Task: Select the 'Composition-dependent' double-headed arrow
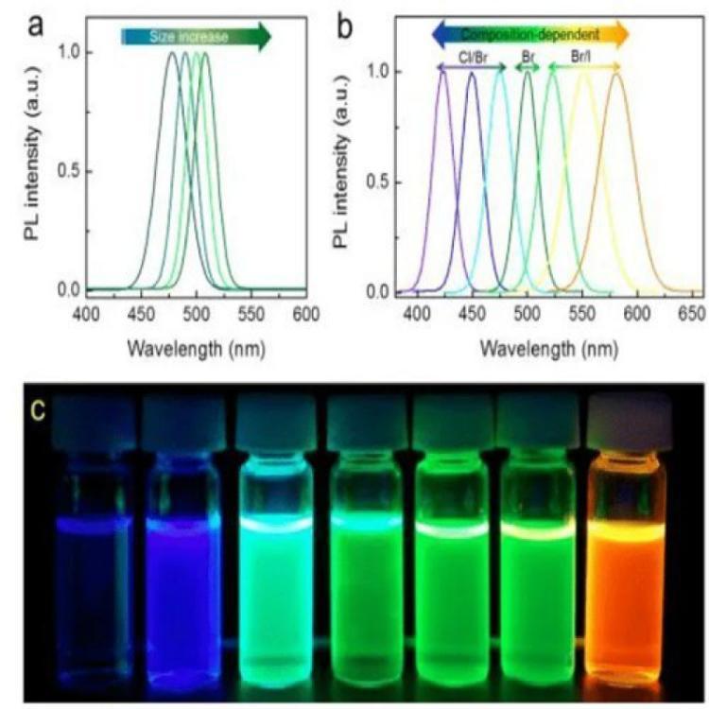point(529,35)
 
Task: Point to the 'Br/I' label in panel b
point(581,56)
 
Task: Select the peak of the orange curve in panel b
point(617,75)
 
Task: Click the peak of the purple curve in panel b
point(443,72)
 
